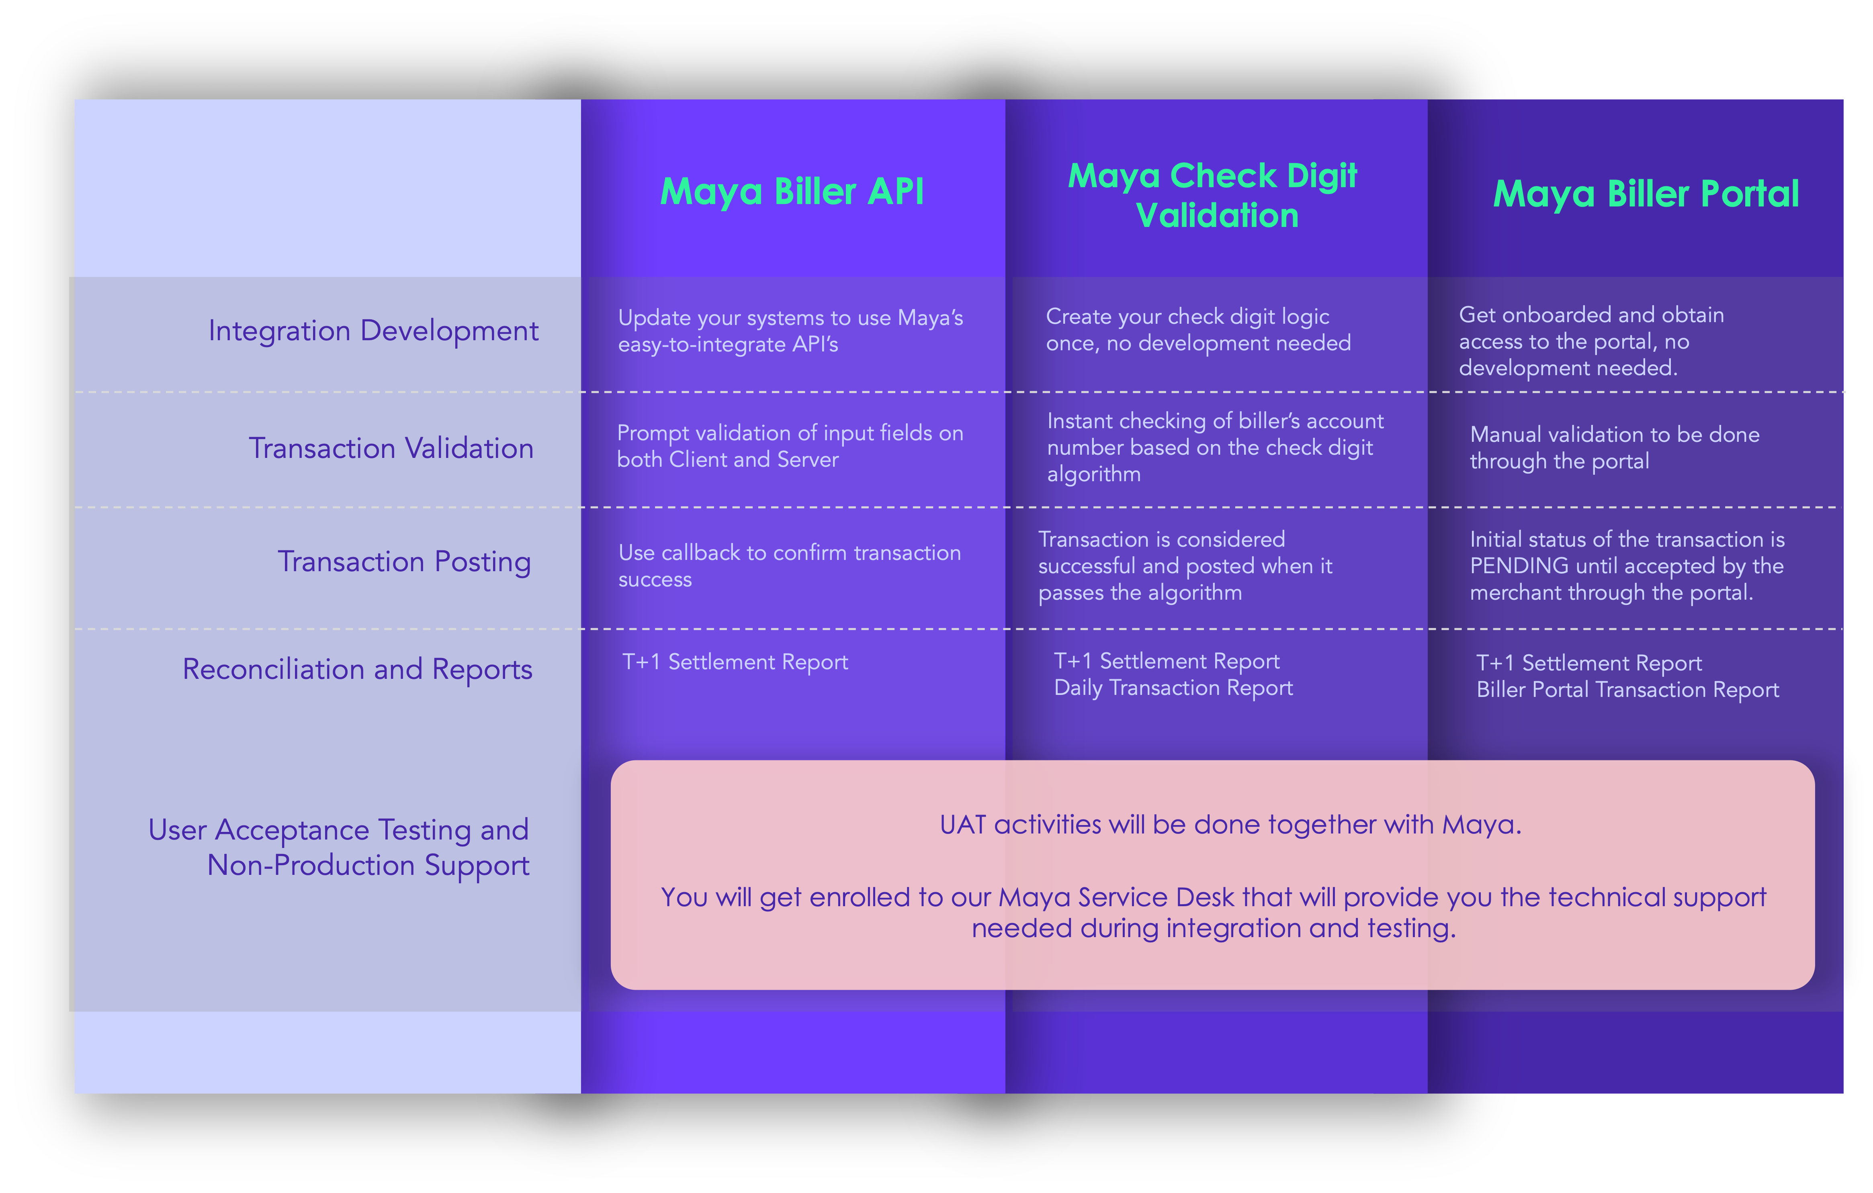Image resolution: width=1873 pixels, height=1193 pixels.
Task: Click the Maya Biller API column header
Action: click(x=792, y=191)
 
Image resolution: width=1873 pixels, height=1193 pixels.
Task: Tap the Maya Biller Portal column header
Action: click(x=1646, y=194)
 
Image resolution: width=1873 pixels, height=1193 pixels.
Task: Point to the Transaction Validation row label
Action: click(x=391, y=448)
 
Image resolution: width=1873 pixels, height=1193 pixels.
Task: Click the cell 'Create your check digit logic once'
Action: click(x=1198, y=330)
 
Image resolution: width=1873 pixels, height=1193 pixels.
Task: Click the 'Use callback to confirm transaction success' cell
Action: click(x=790, y=566)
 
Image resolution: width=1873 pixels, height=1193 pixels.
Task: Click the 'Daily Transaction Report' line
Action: click(x=1173, y=688)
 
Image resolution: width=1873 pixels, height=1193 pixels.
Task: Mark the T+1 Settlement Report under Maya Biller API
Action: click(x=735, y=662)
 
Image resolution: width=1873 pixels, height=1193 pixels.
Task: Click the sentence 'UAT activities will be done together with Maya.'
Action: click(x=1230, y=824)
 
